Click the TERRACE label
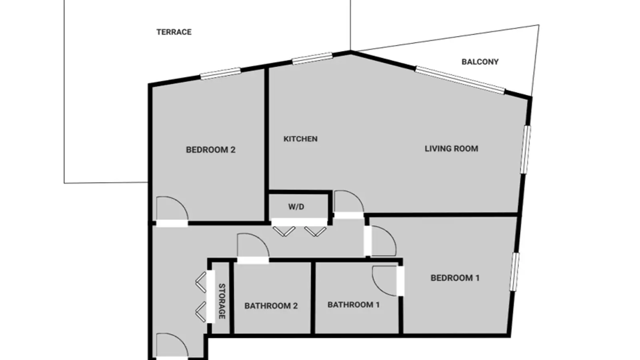click(174, 32)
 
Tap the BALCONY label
click(480, 62)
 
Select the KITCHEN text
click(300, 139)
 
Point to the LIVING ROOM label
click(451, 148)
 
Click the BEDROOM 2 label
click(210, 150)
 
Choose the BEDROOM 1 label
click(455, 278)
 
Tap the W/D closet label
click(296, 207)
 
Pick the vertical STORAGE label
click(222, 301)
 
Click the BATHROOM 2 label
click(271, 306)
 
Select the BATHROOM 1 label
click(354, 305)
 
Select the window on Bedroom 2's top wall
click(220, 74)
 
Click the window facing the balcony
click(460, 80)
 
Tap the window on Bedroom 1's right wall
click(515, 272)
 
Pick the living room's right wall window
click(526, 150)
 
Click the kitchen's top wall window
click(312, 58)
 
